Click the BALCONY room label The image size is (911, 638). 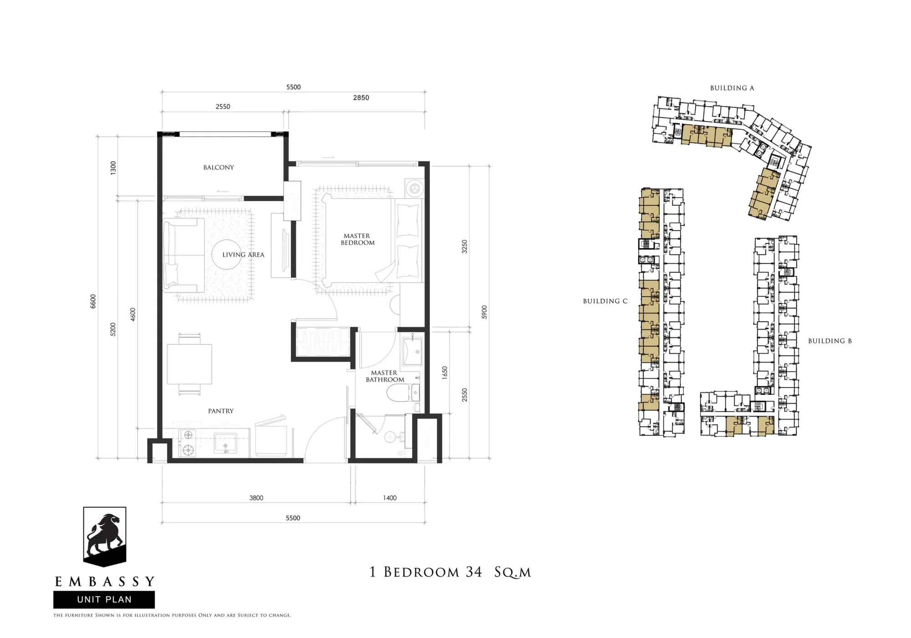point(219,167)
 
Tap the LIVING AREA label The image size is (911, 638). point(243,255)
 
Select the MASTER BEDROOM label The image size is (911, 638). point(358,239)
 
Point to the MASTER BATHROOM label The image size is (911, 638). point(385,376)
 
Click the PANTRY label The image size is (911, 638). point(221,411)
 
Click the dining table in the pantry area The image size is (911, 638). point(189,364)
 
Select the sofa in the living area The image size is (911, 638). point(184,255)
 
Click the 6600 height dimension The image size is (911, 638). point(93,301)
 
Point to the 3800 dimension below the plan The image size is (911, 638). point(256,498)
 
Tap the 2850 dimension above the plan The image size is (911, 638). point(361,97)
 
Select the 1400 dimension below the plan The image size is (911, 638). point(390,498)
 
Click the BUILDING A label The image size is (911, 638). point(732,88)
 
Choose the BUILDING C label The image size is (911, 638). point(605,301)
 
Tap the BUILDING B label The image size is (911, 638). point(830,341)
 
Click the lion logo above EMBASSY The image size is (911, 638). point(104,536)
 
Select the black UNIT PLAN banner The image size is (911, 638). point(104,599)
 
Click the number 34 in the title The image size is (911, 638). point(474,572)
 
